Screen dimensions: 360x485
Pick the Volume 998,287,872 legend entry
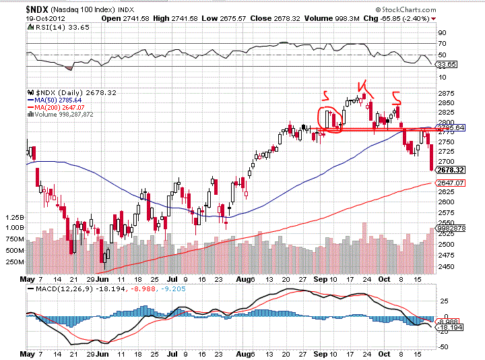tap(67, 115)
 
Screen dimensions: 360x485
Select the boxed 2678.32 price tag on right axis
tap(450, 170)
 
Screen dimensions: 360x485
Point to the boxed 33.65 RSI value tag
tap(447, 64)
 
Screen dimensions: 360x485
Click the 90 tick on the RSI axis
tap(442, 32)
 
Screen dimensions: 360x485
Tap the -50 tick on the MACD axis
tap(443, 346)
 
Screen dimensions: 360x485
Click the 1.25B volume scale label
tap(13, 218)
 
